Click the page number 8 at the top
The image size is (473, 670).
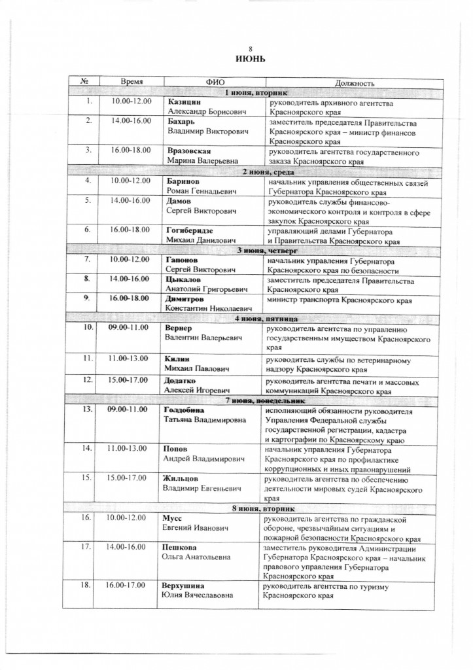[249, 49]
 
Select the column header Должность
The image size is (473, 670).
[354, 83]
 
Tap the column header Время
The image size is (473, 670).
[131, 82]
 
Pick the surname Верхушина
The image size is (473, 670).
[188, 586]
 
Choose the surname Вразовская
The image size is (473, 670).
[188, 150]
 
